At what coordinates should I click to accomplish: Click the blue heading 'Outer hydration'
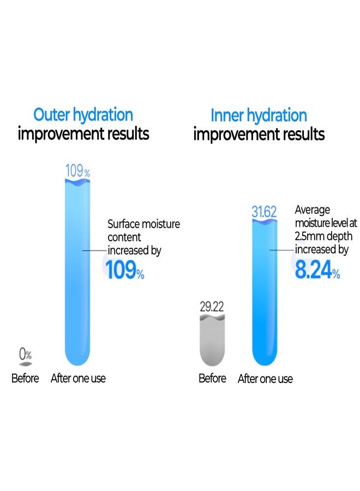click(x=83, y=115)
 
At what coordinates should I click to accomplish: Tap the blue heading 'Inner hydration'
click(x=259, y=116)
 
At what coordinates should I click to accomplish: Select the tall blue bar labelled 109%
click(x=78, y=273)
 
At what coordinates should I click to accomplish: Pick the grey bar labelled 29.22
click(x=212, y=341)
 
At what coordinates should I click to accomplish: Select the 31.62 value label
click(x=265, y=212)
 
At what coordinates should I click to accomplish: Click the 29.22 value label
click(x=212, y=307)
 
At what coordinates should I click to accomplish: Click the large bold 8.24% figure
click(x=317, y=270)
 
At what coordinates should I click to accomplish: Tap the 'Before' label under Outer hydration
click(x=25, y=379)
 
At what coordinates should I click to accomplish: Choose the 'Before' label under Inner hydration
click(x=212, y=379)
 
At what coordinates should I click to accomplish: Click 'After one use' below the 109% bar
click(x=78, y=379)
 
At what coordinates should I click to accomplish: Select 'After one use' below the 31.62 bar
click(x=265, y=379)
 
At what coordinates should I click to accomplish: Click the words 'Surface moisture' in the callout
click(x=143, y=224)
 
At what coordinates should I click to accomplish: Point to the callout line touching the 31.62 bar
click(x=281, y=250)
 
